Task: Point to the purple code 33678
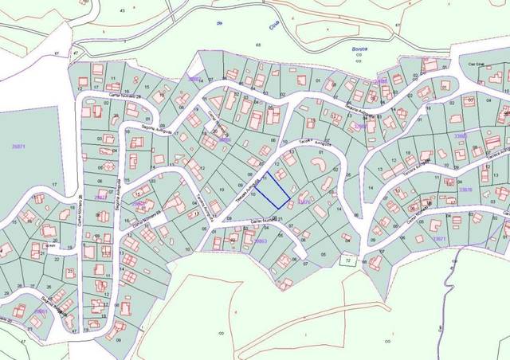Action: [x=466, y=189]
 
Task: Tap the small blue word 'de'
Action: [x=218, y=24]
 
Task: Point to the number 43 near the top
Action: [x=122, y=10]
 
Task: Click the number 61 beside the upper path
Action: [x=396, y=25]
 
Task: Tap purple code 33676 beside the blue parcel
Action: [x=303, y=202]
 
